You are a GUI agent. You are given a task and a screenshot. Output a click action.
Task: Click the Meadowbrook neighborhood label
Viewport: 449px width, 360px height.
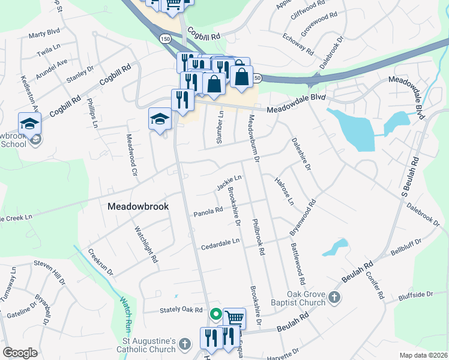click(x=138, y=206)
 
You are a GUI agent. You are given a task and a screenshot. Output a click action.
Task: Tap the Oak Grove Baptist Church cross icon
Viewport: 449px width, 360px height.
click(x=334, y=297)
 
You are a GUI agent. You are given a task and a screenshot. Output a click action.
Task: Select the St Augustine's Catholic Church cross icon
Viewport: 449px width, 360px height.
click(x=185, y=344)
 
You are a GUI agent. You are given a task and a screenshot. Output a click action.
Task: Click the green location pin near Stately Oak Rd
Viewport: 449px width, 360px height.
click(x=215, y=313)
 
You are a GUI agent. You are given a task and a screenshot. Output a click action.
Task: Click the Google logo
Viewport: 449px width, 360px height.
click(x=20, y=353)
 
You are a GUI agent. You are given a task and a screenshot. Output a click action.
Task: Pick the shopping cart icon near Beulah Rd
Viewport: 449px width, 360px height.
click(x=234, y=319)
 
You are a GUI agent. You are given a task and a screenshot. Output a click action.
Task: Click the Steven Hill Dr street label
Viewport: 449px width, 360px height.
click(x=49, y=263)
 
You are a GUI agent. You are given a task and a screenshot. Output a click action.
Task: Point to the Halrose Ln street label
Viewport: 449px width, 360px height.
click(x=284, y=191)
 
